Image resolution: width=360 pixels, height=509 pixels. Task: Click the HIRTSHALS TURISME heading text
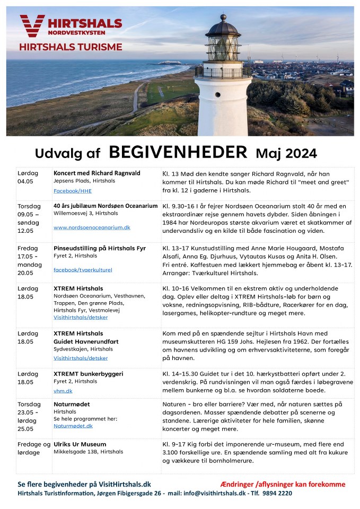pos(71,47)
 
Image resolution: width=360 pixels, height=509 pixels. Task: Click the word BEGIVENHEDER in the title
pos(178,152)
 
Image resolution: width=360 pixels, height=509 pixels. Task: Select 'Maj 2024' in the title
pos(286,153)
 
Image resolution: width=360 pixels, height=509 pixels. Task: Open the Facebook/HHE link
pos(73,190)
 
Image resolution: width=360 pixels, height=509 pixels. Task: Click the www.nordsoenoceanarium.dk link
pos(92,227)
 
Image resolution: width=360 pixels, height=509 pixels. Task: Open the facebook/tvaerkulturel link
pos(83,269)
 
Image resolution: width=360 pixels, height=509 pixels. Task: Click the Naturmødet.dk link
pos(73,425)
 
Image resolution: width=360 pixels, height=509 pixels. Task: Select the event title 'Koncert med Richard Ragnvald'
pos(96,173)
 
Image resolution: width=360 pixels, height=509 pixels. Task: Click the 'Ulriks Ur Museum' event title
pos(80,444)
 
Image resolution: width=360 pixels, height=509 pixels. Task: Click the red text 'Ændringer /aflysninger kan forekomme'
pos(283,484)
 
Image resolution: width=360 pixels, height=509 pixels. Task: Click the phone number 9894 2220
pos(277,493)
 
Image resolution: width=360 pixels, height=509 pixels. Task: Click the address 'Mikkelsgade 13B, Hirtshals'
pos(88,452)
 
